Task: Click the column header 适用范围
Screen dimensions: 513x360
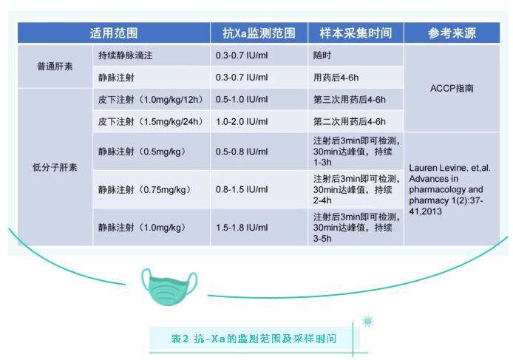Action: click(114, 33)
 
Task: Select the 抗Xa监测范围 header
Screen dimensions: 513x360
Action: click(259, 33)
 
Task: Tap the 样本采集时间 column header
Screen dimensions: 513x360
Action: click(356, 33)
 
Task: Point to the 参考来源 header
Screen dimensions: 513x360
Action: click(452, 33)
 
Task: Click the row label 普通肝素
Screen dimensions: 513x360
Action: click(55, 67)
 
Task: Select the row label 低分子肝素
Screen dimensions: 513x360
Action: click(55, 167)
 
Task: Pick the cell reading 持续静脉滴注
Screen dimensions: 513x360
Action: click(126, 55)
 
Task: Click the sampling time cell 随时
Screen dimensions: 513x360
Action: click(322, 55)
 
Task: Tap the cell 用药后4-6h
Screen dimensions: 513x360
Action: click(336, 78)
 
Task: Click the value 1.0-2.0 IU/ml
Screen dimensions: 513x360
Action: click(242, 122)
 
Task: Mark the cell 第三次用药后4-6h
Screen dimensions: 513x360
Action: click(350, 100)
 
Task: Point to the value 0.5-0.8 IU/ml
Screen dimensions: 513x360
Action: click(242, 152)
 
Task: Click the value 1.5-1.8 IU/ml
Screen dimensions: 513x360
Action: click(242, 228)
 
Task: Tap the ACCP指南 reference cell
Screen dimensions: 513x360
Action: click(452, 89)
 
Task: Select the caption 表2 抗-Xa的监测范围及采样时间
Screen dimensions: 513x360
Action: click(254, 339)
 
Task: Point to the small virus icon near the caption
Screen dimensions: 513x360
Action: click(367, 322)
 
